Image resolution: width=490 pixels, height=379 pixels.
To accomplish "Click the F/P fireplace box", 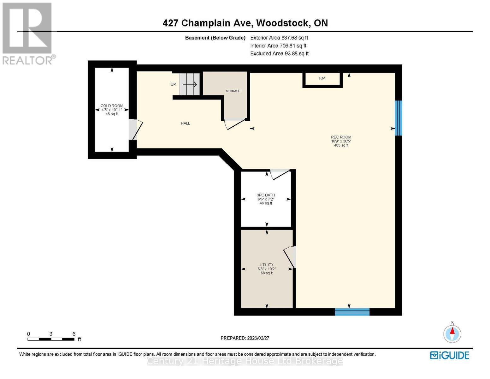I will pyautogui.click(x=322, y=79).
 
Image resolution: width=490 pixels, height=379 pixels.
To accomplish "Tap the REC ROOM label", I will pyautogui.click(x=341, y=137).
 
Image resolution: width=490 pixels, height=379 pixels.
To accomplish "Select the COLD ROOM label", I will pyautogui.click(x=112, y=106).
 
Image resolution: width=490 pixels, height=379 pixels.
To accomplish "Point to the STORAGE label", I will pyautogui.click(x=233, y=91).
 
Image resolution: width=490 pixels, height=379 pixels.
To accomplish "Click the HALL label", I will pyautogui.click(x=186, y=123).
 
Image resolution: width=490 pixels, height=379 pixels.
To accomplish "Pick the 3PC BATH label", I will pyautogui.click(x=266, y=195).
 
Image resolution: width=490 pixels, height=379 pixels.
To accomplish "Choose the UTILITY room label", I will pyautogui.click(x=267, y=265).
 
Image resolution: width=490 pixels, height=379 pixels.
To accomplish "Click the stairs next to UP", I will pyautogui.click(x=190, y=84).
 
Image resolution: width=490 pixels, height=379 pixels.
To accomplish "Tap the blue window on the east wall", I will pyautogui.click(x=398, y=118).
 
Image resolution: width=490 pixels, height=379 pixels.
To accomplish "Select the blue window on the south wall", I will pyautogui.click(x=352, y=312).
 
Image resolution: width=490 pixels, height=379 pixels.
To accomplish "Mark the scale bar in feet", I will pyautogui.click(x=51, y=339).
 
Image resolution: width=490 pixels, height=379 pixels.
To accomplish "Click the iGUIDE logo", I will pyautogui.click(x=450, y=355).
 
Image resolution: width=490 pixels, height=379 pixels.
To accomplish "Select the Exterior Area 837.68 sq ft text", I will pyautogui.click(x=279, y=38).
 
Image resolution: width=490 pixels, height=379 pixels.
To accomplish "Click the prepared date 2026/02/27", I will pyautogui.click(x=245, y=338).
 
